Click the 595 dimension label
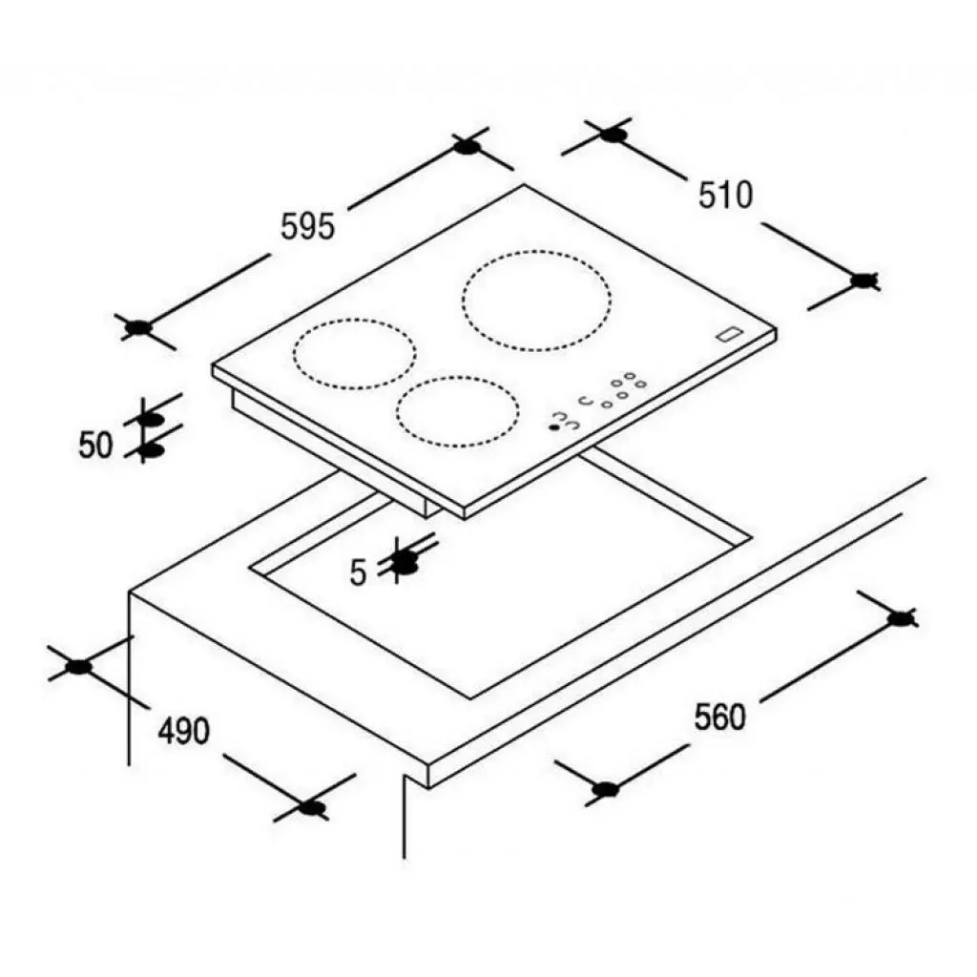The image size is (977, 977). tap(307, 226)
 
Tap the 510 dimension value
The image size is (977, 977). tap(725, 195)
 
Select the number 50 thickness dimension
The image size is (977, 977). tap(95, 445)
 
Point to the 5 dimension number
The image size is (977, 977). tap(359, 573)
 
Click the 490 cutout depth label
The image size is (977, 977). tap(183, 732)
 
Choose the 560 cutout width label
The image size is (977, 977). tap(719, 716)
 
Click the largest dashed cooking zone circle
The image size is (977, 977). tap(536, 301)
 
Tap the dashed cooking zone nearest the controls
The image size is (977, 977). tap(456, 412)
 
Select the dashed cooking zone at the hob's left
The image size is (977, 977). tap(355, 354)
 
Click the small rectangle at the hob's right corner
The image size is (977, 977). tap(730, 334)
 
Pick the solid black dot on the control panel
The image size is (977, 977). tap(553, 426)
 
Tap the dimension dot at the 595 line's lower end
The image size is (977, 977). tap(139, 328)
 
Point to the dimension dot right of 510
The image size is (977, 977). tap(863, 281)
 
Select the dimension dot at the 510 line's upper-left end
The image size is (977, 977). tap(613, 135)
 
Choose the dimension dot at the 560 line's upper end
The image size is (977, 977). tap(898, 617)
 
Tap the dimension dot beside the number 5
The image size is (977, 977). tap(406, 563)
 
